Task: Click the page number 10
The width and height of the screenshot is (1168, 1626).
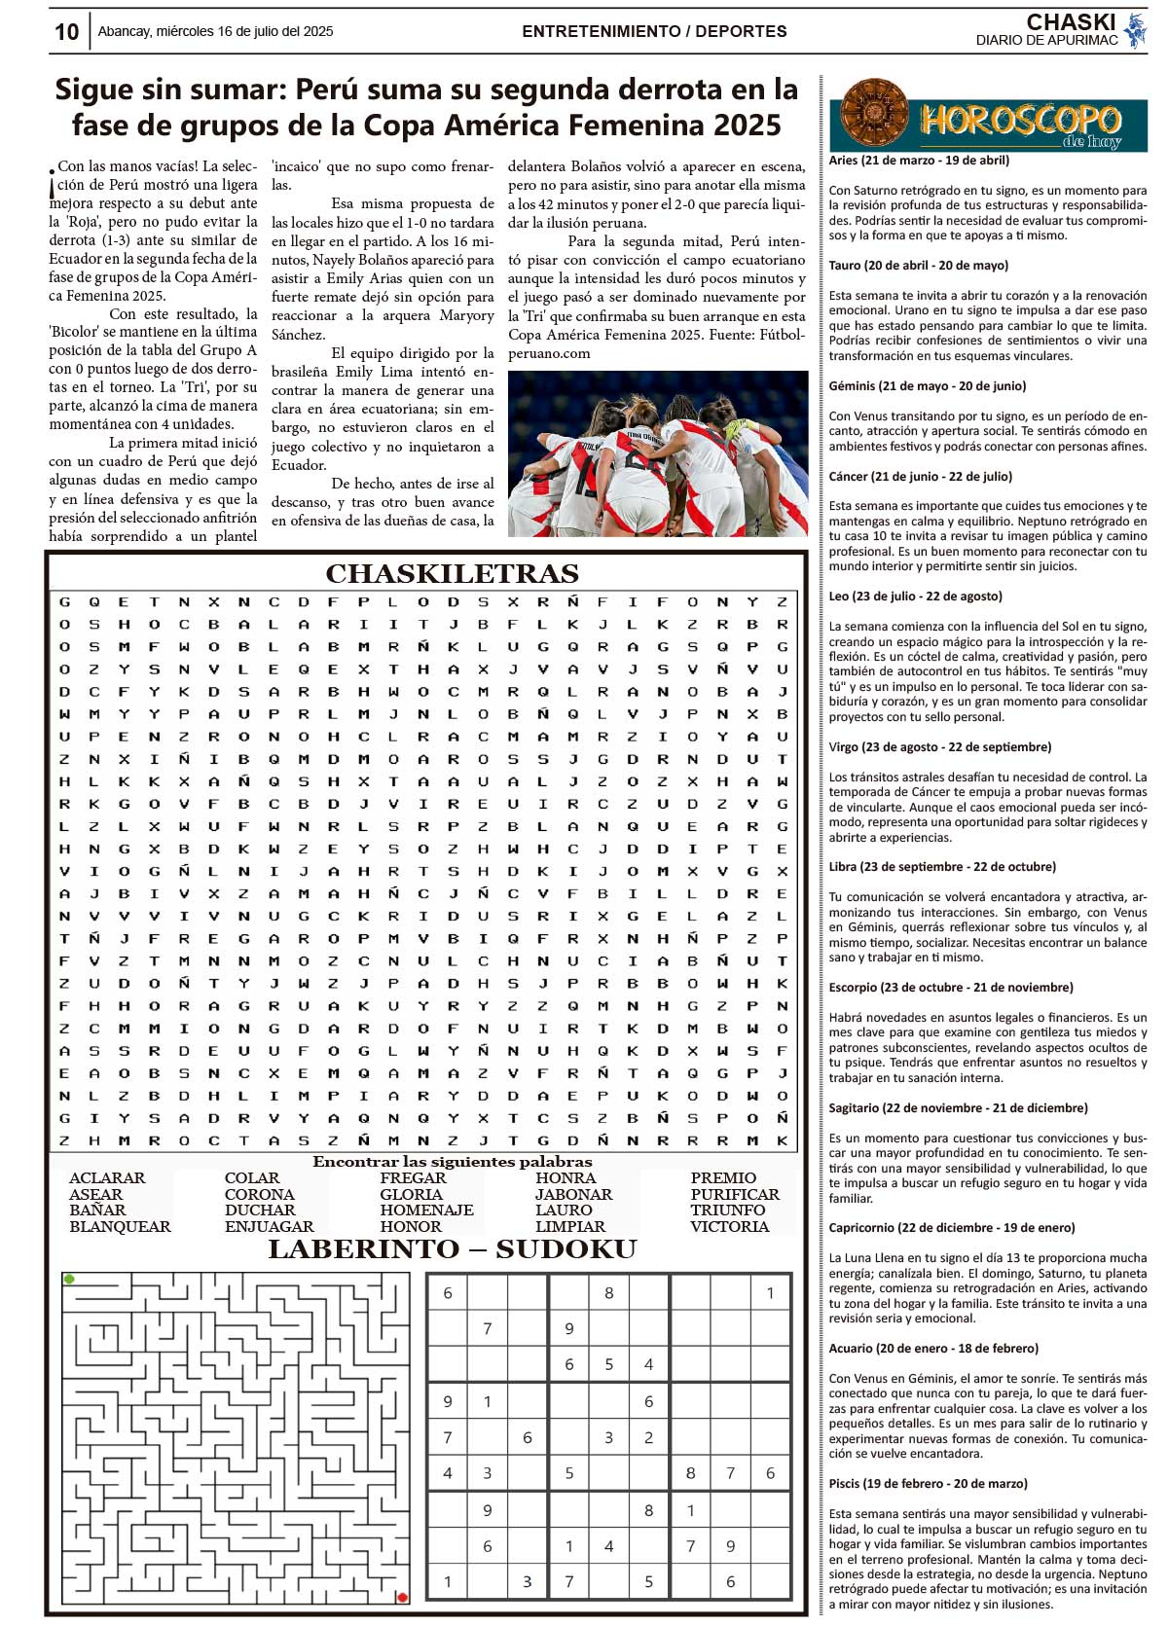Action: pos(66,32)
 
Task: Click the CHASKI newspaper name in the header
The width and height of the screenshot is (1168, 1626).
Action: pos(1071,21)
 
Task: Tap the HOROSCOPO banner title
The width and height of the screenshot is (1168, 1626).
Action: pos(1020,121)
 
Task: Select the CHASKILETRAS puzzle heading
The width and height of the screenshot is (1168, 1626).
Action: pos(452,573)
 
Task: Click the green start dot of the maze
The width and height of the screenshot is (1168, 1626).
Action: pos(69,1279)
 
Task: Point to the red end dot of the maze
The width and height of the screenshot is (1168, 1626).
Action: pos(402,1597)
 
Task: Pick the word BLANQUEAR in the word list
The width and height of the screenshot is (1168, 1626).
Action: pos(120,1226)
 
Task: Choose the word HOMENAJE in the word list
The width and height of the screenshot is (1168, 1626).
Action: pos(426,1210)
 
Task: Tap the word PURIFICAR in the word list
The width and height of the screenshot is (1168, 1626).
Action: pos(735,1194)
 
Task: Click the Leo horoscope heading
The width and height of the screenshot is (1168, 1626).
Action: pos(915,596)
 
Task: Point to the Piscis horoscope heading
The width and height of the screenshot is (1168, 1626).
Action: pos(928,1484)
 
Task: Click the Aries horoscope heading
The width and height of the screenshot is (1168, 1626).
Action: pos(919,161)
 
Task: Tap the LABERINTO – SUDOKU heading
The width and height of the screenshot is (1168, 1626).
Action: pos(453,1249)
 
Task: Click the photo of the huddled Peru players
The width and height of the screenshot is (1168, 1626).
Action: pos(657,453)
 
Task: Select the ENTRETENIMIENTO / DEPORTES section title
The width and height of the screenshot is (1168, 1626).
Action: pos(654,31)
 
